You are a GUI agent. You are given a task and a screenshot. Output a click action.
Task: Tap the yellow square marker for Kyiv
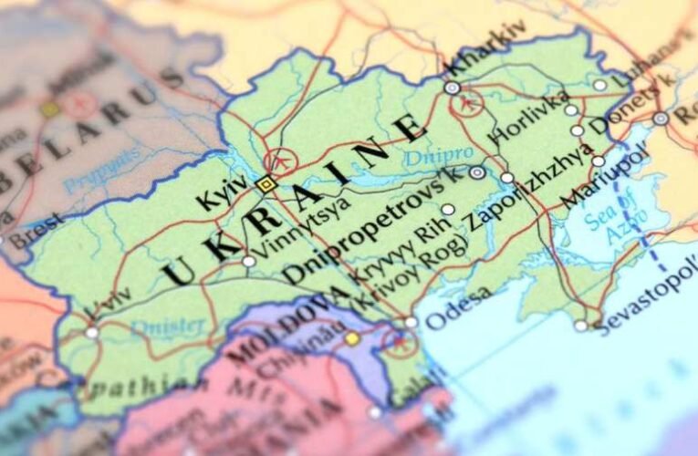[x=266, y=184]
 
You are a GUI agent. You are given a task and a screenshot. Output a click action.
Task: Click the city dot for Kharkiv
[x=452, y=88]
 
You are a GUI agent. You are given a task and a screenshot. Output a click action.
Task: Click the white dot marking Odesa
[x=411, y=322]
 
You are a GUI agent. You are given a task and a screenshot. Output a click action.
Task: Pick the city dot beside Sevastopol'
[x=581, y=325]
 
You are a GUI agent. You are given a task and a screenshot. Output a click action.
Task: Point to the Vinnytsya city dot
[x=248, y=262]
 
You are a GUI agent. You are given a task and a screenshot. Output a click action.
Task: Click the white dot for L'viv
[x=91, y=333]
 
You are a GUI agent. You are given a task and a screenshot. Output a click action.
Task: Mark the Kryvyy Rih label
[x=384, y=254]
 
